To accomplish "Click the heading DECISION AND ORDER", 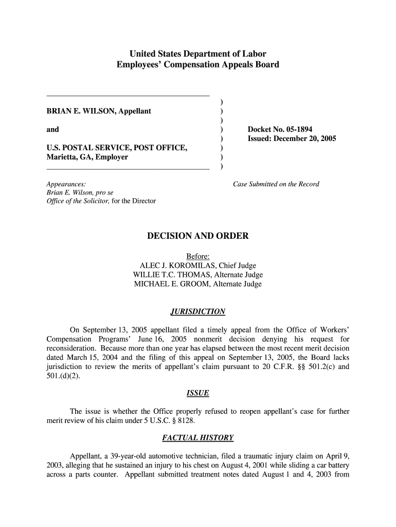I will tap(197, 236).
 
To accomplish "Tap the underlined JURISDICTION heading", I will tap(197, 311).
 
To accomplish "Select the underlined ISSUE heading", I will tap(197, 393).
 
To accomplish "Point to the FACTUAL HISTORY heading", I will tap(197, 438).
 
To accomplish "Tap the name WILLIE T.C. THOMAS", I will tap(172, 275).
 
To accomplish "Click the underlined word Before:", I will tap(197, 256).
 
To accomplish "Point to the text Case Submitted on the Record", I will tap(276, 184).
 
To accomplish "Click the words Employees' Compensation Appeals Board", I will tap(197, 65).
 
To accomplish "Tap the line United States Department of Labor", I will tap(197, 54).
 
